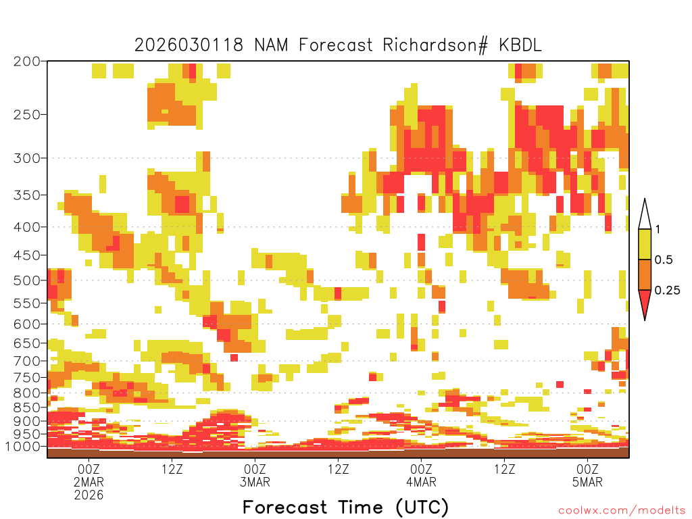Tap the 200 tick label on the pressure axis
26,61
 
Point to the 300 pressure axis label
26,158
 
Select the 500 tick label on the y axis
26,280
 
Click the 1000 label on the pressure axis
23,447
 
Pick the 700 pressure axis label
26,361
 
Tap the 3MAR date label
255,483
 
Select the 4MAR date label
421,483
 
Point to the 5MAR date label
587,483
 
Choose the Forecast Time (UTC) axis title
345,507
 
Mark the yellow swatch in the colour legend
645,245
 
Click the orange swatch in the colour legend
645,275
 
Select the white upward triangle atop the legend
645,215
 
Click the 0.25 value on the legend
668,291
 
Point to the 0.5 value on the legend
664,260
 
